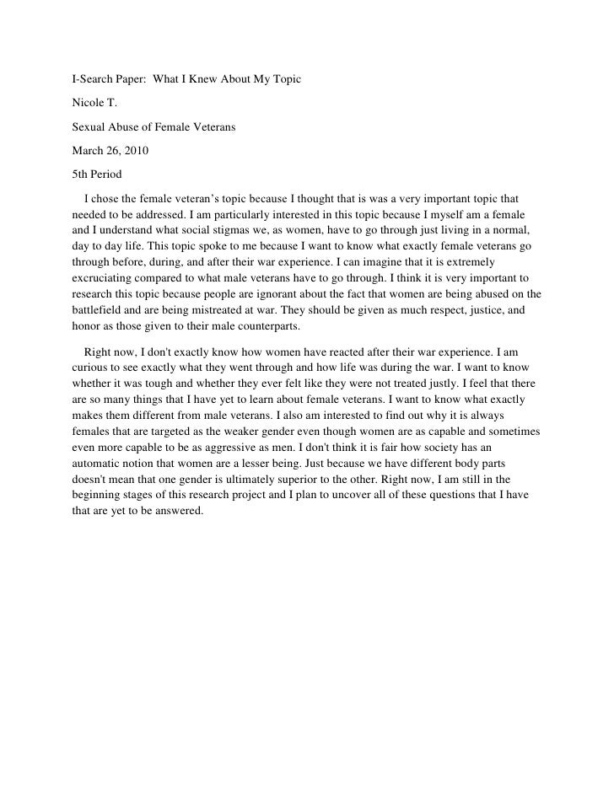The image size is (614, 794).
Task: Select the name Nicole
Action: (88, 105)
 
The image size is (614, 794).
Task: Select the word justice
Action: (477, 310)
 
